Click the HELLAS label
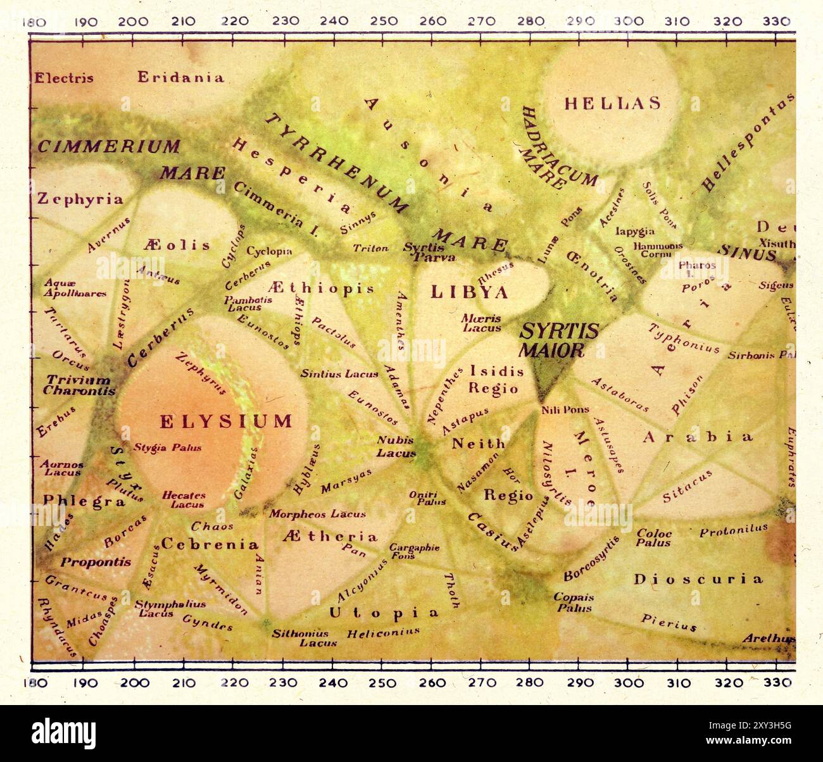pyautogui.click(x=612, y=103)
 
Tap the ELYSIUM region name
pyautogui.click(x=225, y=421)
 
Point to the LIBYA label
pyautogui.click(x=469, y=292)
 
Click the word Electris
pyautogui.click(x=63, y=78)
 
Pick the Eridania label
pyautogui.click(x=181, y=78)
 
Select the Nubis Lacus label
pyautogui.click(x=396, y=446)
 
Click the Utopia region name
pyautogui.click(x=384, y=612)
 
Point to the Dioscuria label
pyautogui.click(x=698, y=578)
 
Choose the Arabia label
pyautogui.click(x=698, y=437)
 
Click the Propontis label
pyautogui.click(x=96, y=561)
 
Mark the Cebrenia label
pyautogui.click(x=210, y=544)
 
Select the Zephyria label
pyautogui.click(x=80, y=199)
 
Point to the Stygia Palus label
pyautogui.click(x=167, y=448)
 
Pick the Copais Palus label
pyautogui.click(x=574, y=602)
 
